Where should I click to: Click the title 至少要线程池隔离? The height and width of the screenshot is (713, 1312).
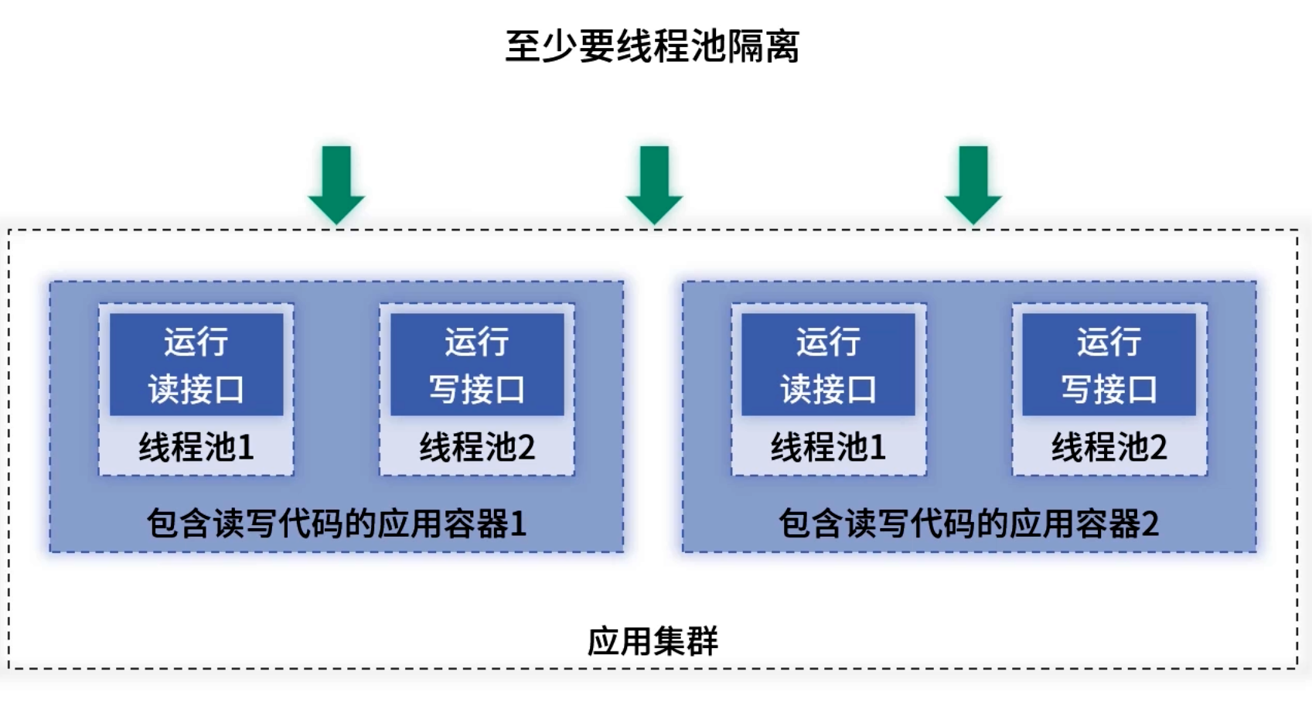pyautogui.click(x=652, y=46)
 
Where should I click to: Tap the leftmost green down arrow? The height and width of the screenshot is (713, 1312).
pyautogui.click(x=336, y=184)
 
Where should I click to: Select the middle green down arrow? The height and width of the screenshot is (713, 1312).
pyautogui.click(x=654, y=184)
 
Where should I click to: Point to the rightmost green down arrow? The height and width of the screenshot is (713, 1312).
pyautogui.click(x=973, y=184)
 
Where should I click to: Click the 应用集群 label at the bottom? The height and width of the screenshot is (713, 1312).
pyautogui.click(x=653, y=641)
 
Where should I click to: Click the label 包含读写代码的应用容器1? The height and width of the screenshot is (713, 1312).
pyautogui.click(x=336, y=524)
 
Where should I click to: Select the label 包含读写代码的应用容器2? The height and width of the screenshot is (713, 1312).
pyautogui.click(x=968, y=524)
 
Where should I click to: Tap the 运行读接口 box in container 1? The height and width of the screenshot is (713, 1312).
pyautogui.click(x=196, y=364)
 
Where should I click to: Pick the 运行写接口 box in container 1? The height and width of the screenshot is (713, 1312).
pyautogui.click(x=477, y=364)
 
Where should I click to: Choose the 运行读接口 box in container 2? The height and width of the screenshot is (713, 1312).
pyautogui.click(x=828, y=364)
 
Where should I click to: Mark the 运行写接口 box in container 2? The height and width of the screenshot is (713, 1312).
pyautogui.click(x=1109, y=364)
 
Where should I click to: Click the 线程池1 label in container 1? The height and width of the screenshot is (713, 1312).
pyautogui.click(x=196, y=447)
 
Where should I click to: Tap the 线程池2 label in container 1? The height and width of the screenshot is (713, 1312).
pyautogui.click(x=477, y=447)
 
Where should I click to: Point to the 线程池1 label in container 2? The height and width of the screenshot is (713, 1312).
pyautogui.click(x=828, y=447)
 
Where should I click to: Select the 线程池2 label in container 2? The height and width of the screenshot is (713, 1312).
pyautogui.click(x=1109, y=447)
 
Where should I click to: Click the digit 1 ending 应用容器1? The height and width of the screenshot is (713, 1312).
pyautogui.click(x=518, y=524)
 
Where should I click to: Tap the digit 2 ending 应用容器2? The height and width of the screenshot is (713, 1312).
pyautogui.click(x=1150, y=524)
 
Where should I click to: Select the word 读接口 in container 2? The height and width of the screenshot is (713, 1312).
pyautogui.click(x=828, y=389)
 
